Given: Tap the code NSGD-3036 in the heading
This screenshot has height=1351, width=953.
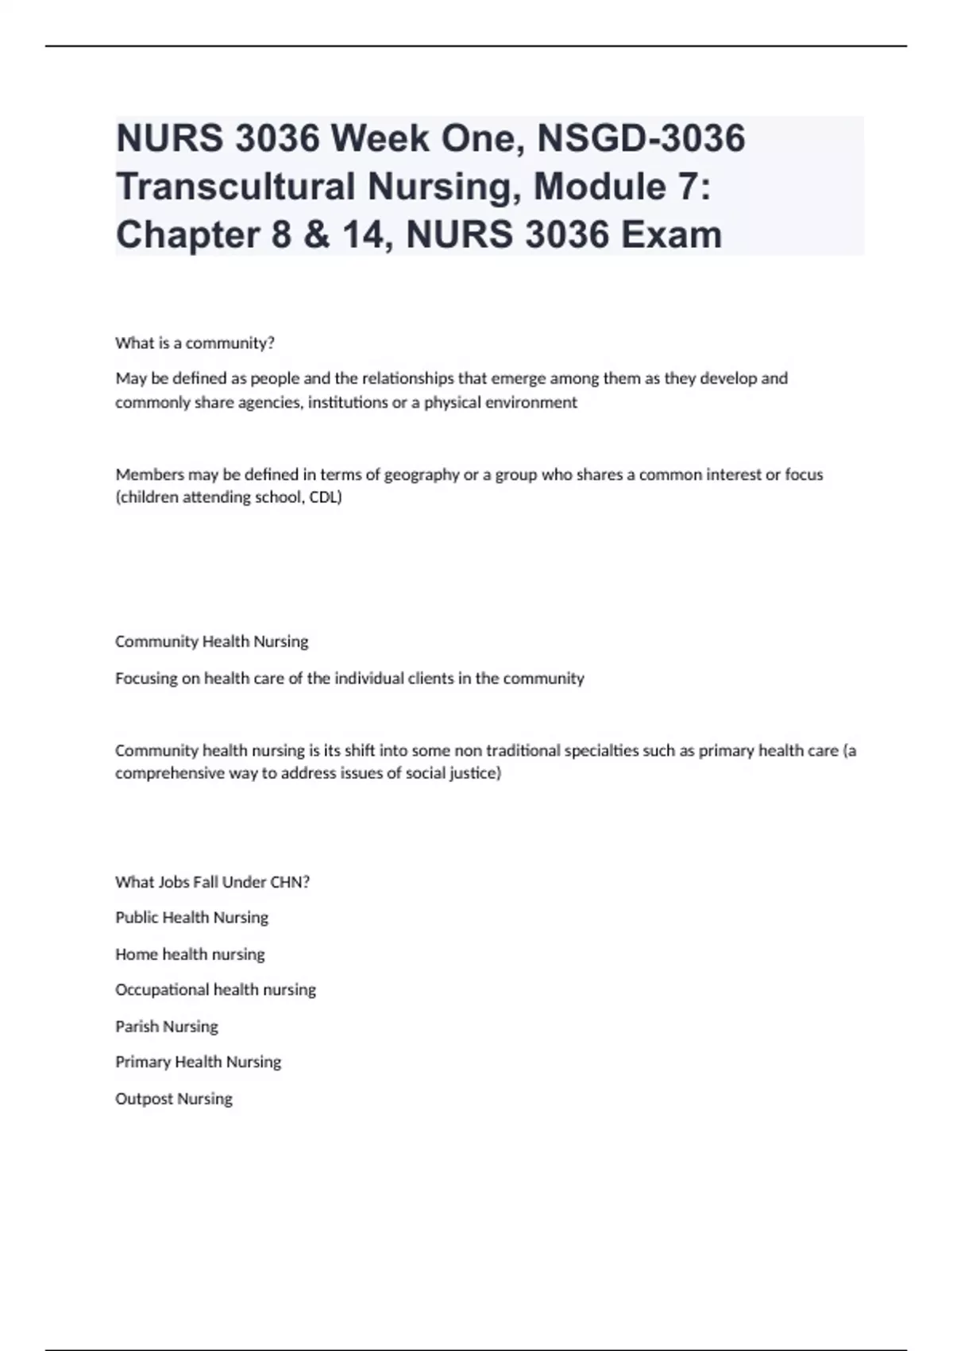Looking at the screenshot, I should [641, 138].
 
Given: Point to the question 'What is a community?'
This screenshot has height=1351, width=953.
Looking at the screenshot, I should [195, 343].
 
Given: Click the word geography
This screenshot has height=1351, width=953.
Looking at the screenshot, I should [422, 475].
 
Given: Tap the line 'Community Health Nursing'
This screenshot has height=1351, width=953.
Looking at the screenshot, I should [211, 641].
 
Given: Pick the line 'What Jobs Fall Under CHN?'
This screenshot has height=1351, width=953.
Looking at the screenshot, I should [212, 882].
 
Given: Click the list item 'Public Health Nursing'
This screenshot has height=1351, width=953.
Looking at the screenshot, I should [191, 918].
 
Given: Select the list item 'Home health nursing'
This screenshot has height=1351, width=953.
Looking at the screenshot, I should [190, 954].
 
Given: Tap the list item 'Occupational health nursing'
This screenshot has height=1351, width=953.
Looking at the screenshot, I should [215, 990].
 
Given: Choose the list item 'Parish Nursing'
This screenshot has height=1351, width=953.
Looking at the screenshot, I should [166, 1027].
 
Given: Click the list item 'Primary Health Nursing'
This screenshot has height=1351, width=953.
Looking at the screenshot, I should [198, 1063].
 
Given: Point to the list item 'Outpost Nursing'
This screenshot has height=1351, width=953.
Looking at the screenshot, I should [173, 1099].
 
